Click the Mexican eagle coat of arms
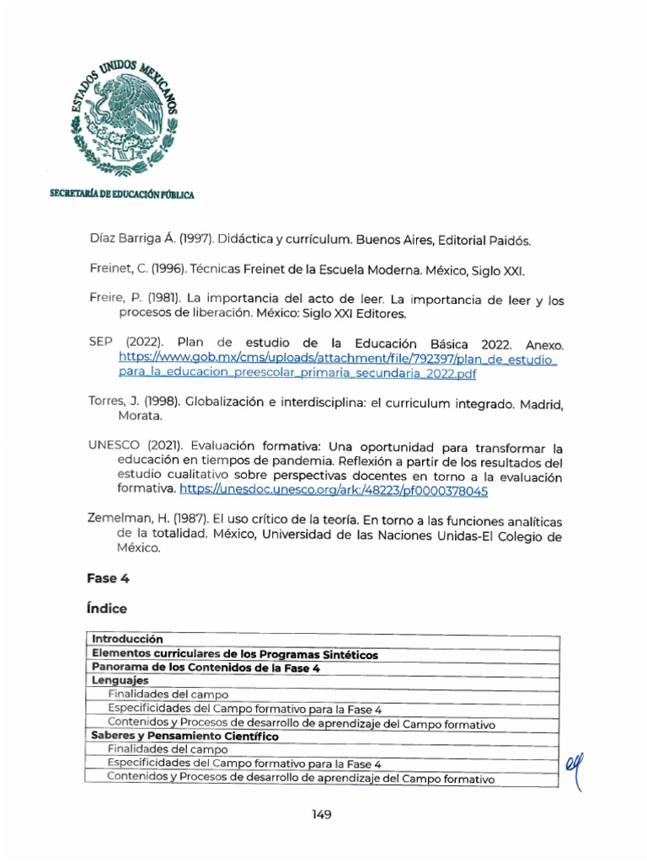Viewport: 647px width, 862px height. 125,118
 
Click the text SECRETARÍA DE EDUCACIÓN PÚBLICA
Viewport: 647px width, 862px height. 122,194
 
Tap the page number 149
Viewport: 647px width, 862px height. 320,815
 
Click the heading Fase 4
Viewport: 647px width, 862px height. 108,578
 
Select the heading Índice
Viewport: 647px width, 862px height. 107,608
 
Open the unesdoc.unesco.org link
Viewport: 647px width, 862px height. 334,490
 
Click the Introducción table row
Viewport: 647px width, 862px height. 127,640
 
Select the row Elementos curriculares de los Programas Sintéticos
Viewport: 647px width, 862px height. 235,654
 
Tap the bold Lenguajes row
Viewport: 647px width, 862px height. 120,681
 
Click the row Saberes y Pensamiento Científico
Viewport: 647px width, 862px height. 184,736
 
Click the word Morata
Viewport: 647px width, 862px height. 141,417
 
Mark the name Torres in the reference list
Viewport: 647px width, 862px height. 106,402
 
